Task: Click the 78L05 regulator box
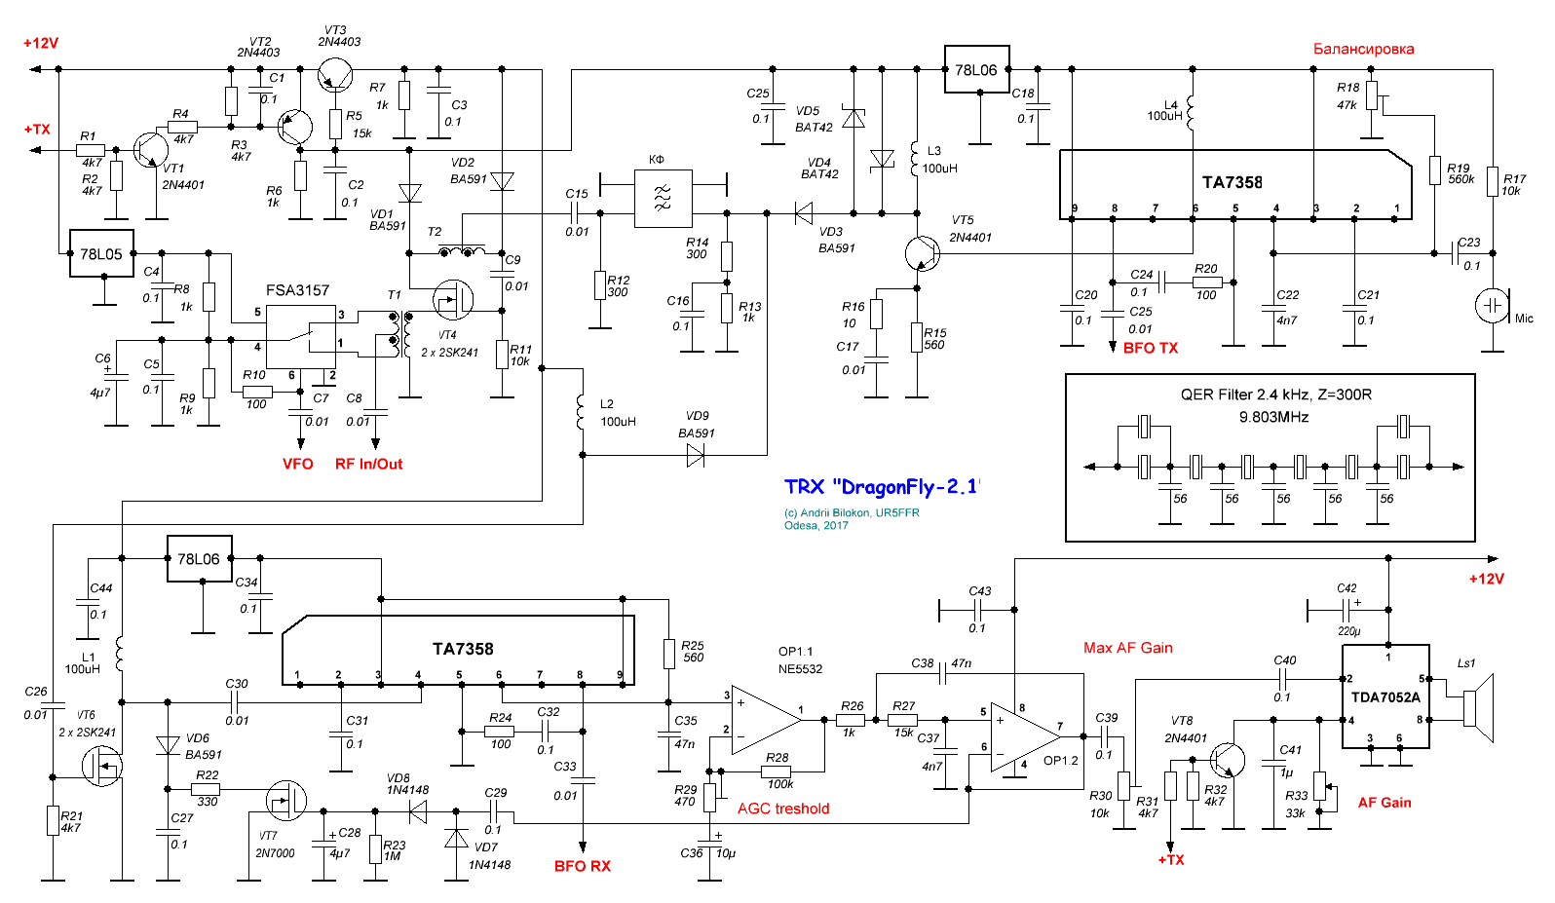tap(101, 254)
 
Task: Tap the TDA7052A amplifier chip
tap(1385, 696)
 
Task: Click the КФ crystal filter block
tap(663, 199)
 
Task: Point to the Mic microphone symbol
tap(1492, 306)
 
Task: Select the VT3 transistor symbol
tap(336, 75)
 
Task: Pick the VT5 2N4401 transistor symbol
tap(922, 253)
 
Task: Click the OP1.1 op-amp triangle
tap(766, 719)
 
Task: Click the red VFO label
tap(298, 464)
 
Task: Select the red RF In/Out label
tap(368, 464)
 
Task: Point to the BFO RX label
tap(583, 866)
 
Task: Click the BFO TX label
tap(1151, 348)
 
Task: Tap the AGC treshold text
tap(783, 809)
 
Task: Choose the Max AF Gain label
tap(1128, 648)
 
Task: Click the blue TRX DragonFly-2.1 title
tap(882, 487)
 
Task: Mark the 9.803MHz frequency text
tap(1273, 417)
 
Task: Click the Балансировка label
tap(1363, 49)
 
